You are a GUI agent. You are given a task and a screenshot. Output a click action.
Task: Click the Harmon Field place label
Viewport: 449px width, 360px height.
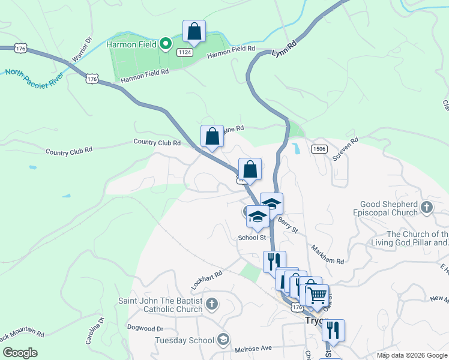click(x=132, y=44)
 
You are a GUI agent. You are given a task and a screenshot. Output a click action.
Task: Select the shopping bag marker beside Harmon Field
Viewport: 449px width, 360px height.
click(x=194, y=32)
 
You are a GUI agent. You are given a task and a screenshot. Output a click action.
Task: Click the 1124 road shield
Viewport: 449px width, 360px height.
click(x=185, y=53)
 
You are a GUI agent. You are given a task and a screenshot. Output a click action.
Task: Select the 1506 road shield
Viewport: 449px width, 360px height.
click(x=319, y=148)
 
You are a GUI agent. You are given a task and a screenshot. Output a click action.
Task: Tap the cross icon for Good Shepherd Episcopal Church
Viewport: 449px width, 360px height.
click(x=427, y=208)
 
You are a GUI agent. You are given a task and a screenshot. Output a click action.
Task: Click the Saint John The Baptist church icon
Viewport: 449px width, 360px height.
click(x=211, y=304)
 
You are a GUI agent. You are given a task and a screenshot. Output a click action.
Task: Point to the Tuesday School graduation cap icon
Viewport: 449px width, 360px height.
click(x=223, y=340)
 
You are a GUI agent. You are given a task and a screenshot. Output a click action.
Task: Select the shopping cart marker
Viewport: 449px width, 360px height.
click(x=318, y=295)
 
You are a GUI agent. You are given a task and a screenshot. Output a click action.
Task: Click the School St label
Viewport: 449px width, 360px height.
click(x=252, y=238)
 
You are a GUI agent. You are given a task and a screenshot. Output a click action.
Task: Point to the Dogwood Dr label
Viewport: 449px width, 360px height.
click(x=146, y=328)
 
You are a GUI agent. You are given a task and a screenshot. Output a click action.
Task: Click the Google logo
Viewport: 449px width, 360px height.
click(x=20, y=352)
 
